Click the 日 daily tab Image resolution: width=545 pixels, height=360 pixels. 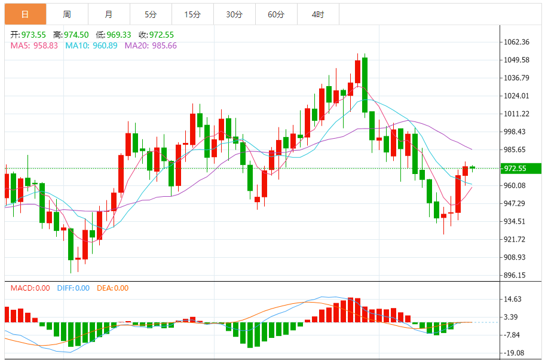[25, 14]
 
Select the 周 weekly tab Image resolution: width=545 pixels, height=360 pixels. [66, 14]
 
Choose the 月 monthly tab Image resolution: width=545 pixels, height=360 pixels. [108, 14]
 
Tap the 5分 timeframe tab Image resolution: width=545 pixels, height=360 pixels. [150, 14]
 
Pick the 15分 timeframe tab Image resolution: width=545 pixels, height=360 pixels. [192, 14]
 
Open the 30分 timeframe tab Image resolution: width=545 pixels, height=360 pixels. [234, 14]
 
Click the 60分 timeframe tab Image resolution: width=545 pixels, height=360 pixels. [276, 14]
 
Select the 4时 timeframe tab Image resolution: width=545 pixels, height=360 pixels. [318, 14]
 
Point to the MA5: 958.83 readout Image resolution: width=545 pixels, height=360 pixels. [34, 45]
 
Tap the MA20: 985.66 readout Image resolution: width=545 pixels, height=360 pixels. [151, 45]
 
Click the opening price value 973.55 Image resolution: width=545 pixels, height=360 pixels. [33, 35]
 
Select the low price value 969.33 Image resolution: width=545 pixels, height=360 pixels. [118, 35]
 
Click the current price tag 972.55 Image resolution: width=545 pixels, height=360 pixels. [515, 168]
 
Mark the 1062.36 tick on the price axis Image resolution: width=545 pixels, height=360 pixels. [517, 42]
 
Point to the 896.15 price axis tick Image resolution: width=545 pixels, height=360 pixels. [515, 276]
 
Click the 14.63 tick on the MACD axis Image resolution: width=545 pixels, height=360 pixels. [513, 299]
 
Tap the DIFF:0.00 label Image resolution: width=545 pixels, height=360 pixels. [73, 288]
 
